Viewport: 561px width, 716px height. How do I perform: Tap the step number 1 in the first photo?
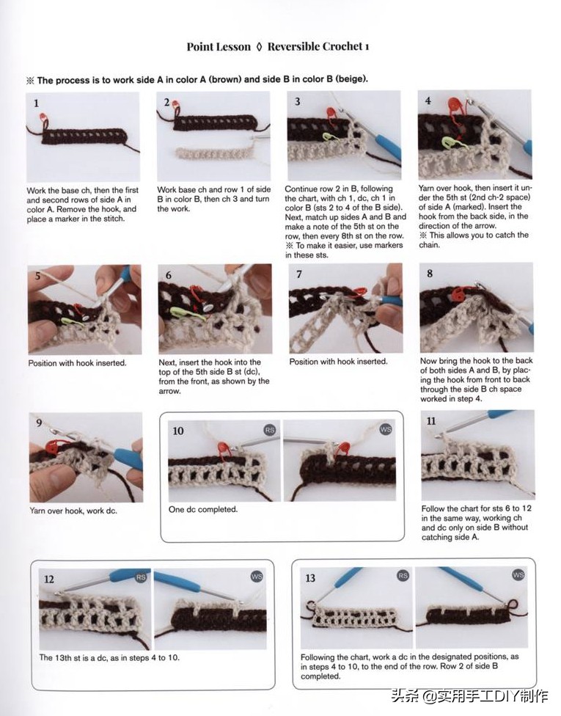tap(37, 103)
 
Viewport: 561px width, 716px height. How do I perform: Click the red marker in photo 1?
tap(44, 119)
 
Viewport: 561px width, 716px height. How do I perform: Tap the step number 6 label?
tap(169, 275)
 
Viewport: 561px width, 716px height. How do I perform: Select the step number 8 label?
tap(430, 274)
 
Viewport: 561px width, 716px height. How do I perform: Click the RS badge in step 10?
tap(270, 430)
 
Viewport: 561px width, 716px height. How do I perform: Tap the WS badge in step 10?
tap(386, 429)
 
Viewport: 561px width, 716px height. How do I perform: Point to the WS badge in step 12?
tap(257, 577)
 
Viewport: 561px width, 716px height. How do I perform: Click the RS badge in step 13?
tap(403, 576)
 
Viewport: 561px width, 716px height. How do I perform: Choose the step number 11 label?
tap(431, 421)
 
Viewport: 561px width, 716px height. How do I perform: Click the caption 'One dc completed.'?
tap(203, 510)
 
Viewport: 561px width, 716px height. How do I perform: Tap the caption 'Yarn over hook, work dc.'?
tap(73, 511)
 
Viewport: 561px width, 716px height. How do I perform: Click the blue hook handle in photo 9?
tap(128, 459)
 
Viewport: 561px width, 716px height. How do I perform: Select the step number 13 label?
tap(310, 579)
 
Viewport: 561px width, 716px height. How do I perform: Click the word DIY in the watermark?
tap(507, 696)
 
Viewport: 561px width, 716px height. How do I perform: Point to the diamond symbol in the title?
tap(259, 47)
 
